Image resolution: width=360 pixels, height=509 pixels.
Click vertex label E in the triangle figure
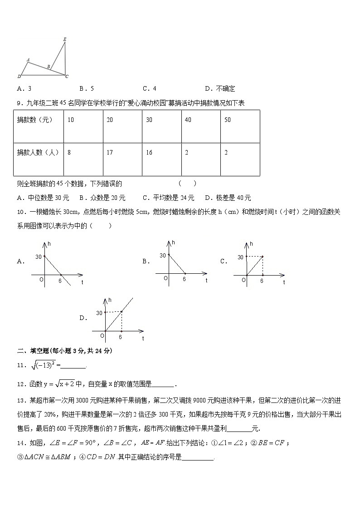point(64,39)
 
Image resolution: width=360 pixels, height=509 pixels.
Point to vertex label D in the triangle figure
point(19,76)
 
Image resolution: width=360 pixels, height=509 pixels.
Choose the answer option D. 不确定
point(220,89)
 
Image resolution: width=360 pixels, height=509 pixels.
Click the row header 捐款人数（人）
point(38,153)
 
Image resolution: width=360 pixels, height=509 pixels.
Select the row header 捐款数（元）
point(35,120)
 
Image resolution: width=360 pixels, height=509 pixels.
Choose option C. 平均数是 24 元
point(168,198)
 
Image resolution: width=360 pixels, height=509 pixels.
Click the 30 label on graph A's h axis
point(38,257)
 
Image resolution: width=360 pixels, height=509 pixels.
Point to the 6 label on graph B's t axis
point(184,279)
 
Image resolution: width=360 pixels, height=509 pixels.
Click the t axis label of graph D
point(142,338)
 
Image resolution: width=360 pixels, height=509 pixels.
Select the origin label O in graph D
point(102,335)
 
